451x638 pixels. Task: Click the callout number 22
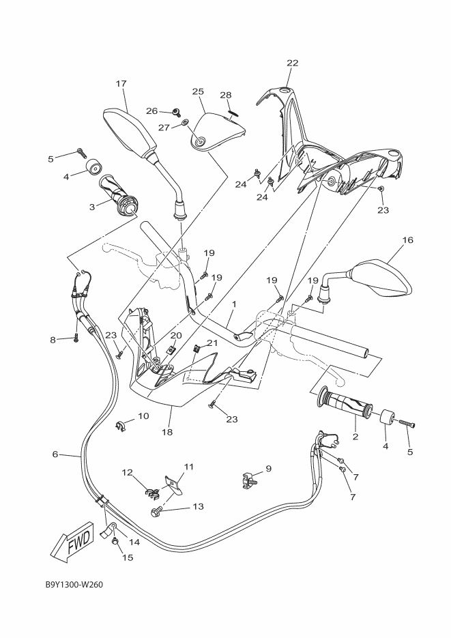coord(292,63)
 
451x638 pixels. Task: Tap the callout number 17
coord(121,84)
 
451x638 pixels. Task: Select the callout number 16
coord(408,240)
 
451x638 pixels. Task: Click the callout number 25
coord(198,91)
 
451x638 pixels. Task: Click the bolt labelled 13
coord(156,510)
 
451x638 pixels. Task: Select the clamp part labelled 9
coord(246,479)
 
